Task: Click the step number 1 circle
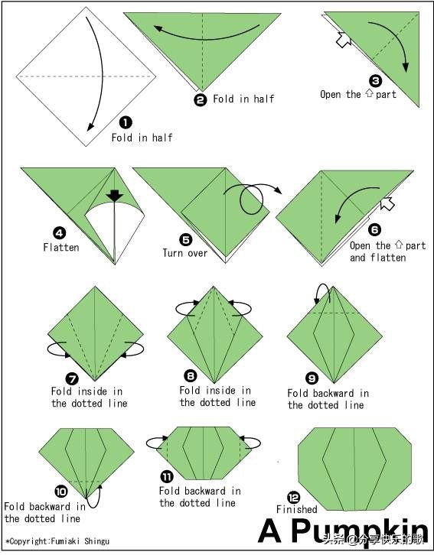(126, 123)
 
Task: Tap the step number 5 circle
(186, 239)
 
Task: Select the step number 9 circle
(312, 379)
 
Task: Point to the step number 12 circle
(294, 498)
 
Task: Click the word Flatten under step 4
(61, 247)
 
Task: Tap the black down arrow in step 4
(115, 196)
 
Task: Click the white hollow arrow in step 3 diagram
(343, 40)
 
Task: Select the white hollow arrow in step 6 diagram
(387, 203)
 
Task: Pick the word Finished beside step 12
(296, 510)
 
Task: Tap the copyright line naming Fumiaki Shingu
(57, 541)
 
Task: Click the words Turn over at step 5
(185, 253)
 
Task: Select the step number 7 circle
(72, 379)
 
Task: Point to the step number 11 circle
(167, 477)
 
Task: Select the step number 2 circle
(201, 100)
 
